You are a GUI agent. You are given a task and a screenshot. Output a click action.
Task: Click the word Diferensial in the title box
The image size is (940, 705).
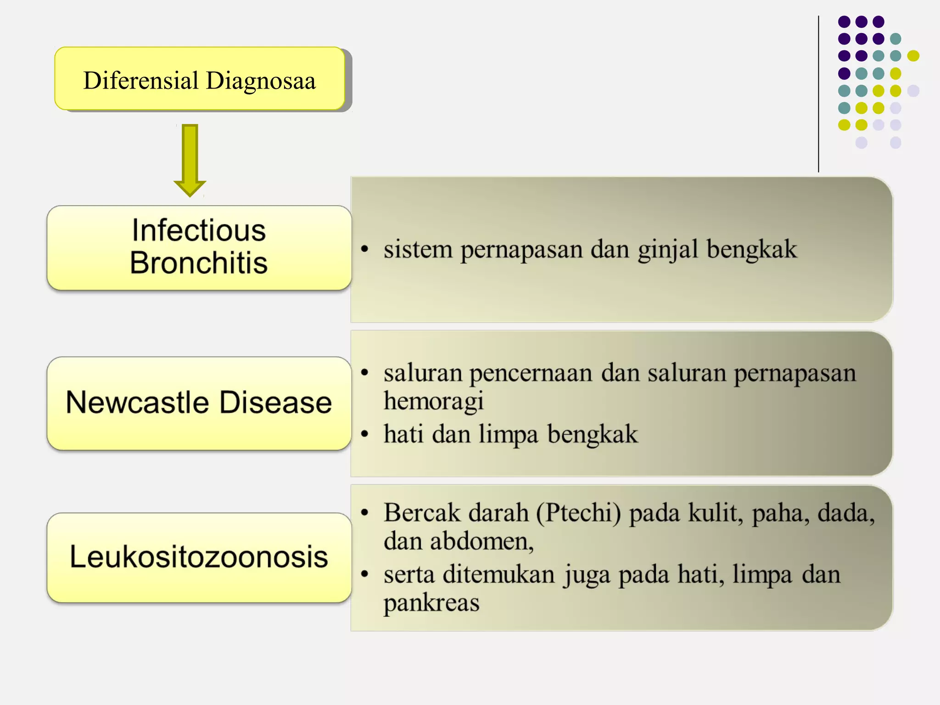(140, 80)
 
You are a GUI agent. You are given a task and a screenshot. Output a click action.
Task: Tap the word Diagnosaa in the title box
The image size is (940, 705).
(261, 80)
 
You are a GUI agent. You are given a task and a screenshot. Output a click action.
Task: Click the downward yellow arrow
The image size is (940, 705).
(190, 159)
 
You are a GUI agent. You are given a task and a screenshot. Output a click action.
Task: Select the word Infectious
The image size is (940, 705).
(199, 230)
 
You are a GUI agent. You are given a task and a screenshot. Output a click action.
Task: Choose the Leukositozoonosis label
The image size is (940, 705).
(199, 557)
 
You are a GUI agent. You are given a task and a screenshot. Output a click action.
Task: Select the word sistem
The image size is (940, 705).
(418, 249)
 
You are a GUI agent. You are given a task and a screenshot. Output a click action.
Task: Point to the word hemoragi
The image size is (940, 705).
(434, 401)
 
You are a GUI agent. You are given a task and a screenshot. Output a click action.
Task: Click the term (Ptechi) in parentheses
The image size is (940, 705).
(578, 513)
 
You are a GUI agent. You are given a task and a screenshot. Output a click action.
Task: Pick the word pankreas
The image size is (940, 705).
(431, 603)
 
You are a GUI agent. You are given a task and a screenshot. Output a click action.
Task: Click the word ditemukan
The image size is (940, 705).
(498, 574)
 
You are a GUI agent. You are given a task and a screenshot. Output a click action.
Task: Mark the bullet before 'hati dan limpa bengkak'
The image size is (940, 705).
(365, 434)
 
